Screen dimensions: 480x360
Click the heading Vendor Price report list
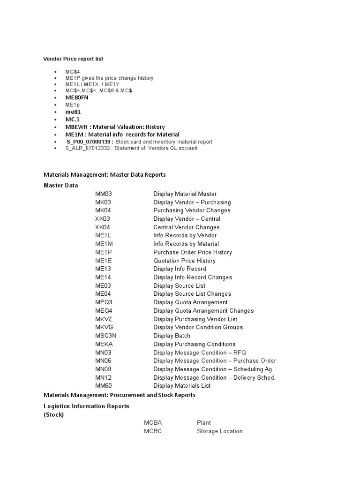pos(73,59)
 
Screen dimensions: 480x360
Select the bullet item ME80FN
pos(77,97)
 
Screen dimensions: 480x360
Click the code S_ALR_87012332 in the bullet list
pos(87,148)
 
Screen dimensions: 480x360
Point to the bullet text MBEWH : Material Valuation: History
pos(115,127)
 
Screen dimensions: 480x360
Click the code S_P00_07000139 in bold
pos(89,142)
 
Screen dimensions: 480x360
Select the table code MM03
pos(103,194)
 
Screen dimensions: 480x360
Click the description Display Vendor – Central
pos(187,219)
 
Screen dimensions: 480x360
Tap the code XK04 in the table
pos(103,227)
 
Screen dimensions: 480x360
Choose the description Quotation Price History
pos(184,261)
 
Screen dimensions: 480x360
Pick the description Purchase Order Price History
pos(192,252)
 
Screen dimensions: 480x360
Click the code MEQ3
pos(104,302)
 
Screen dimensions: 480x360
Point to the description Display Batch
pos(172,336)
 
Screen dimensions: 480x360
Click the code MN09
pos(103,369)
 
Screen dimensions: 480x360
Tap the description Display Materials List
pos(182,386)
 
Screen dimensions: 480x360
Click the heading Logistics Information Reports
pos(86,406)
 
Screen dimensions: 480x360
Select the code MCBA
pos(153,423)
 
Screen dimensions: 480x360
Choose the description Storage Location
pos(219,431)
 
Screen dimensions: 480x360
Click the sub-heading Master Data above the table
pos(61,185)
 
